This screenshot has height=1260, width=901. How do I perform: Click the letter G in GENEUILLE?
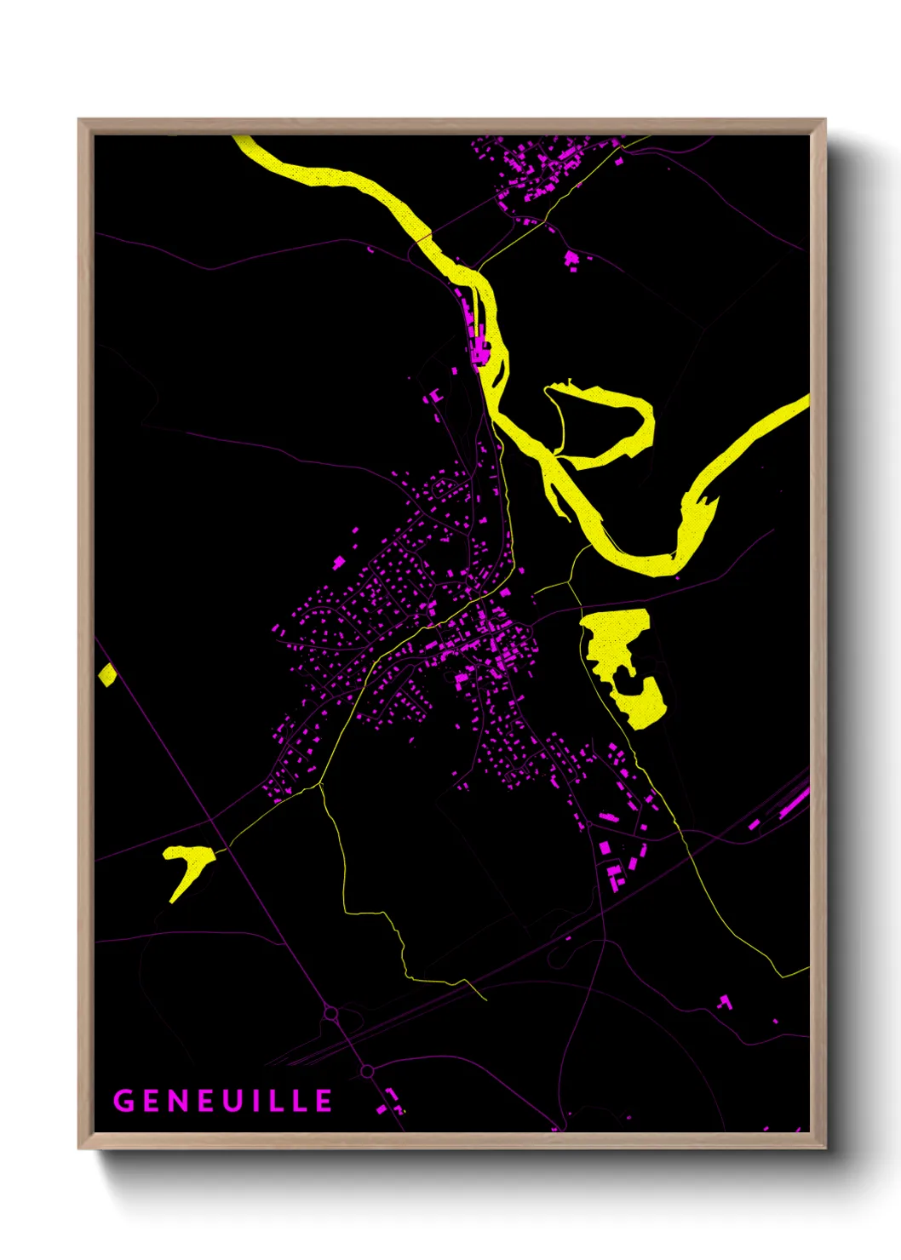pos(124,1101)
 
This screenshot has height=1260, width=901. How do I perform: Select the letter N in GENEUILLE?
pos(175,1101)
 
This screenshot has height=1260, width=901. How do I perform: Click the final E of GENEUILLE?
pos(324,1101)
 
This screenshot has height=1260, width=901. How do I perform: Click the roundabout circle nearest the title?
pos(367,1071)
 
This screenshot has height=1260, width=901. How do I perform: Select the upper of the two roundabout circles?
pos(331,1014)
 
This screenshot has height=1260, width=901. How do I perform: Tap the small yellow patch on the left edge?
pos(106,675)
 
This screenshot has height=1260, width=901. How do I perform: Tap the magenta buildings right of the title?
pos(391,1102)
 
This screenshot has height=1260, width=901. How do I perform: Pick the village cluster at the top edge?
pos(537,166)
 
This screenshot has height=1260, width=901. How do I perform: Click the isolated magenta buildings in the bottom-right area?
pos(725,1002)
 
